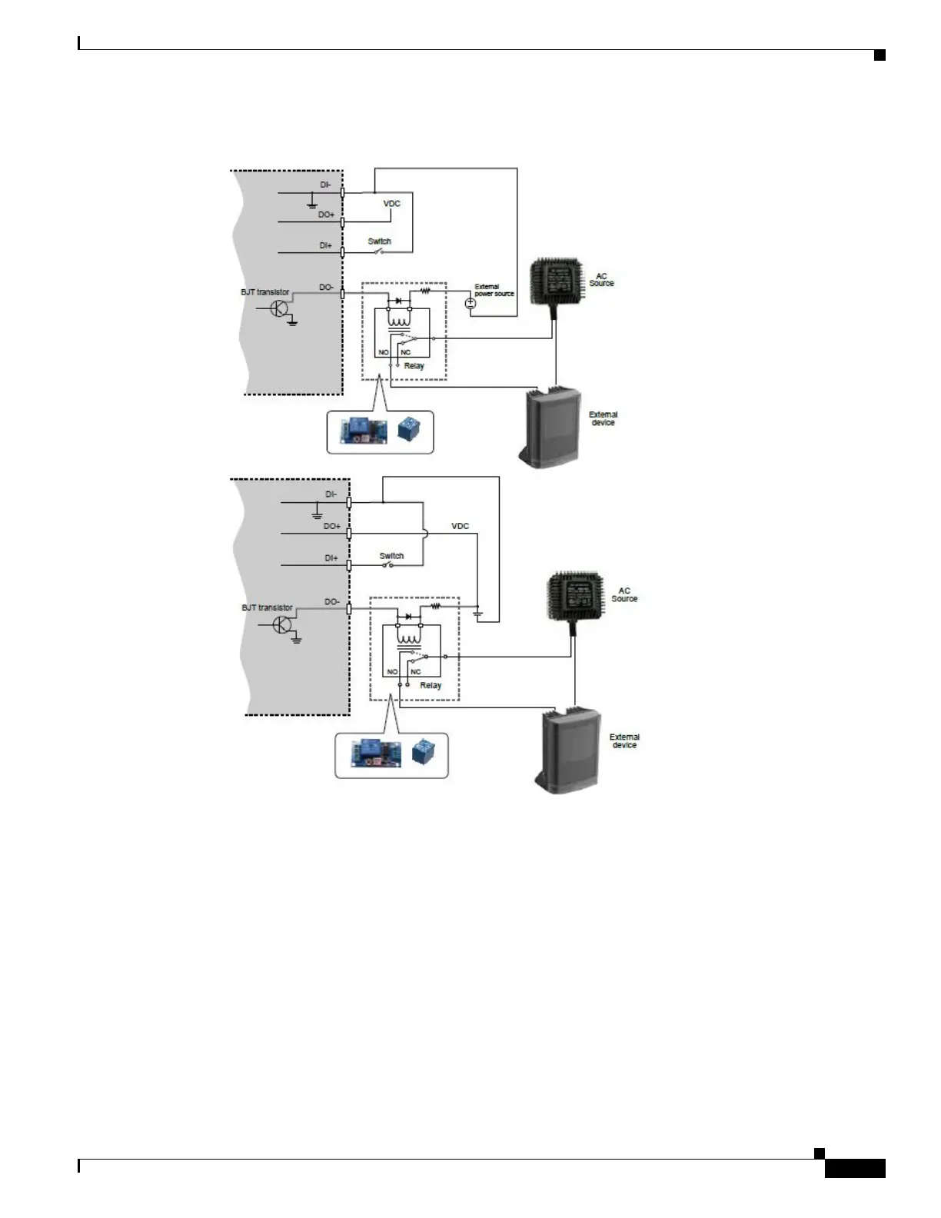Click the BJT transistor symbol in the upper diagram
tap(279, 309)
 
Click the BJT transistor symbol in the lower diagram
tap(284, 624)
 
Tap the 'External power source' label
tap(494, 290)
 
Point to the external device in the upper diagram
tap(552, 425)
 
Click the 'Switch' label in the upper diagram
tap(379, 241)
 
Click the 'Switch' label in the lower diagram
tap(391, 555)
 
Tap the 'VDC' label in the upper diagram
tap(392, 204)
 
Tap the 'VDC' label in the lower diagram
tap(460, 527)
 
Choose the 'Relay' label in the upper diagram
tap(414, 366)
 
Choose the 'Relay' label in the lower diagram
tap(431, 685)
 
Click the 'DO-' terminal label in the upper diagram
tap(327, 288)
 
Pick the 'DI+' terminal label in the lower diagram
tap(331, 558)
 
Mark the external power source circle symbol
tap(471, 303)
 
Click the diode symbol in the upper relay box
tap(398, 301)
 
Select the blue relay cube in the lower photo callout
tap(421, 751)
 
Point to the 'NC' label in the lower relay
tap(415, 672)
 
